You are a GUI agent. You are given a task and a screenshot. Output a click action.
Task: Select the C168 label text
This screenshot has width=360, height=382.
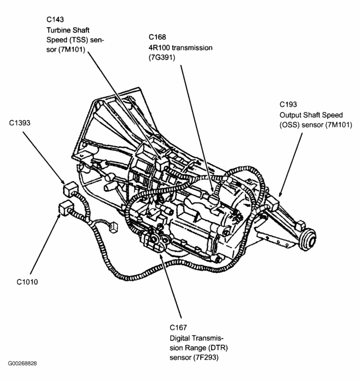[x=158, y=38]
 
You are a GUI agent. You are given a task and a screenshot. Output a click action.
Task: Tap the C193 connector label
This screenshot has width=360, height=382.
[x=289, y=104]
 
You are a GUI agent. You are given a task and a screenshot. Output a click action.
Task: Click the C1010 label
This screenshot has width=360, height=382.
[x=28, y=283]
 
